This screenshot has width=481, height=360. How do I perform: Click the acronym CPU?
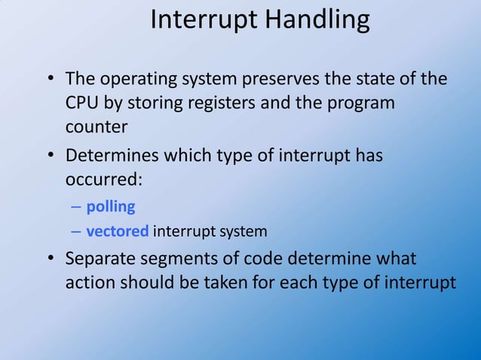(81, 102)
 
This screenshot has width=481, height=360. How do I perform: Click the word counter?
(96, 126)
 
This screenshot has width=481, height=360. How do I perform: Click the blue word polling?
(110, 206)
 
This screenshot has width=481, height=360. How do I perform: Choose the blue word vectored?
(118, 230)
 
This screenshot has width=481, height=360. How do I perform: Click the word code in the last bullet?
(264, 259)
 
